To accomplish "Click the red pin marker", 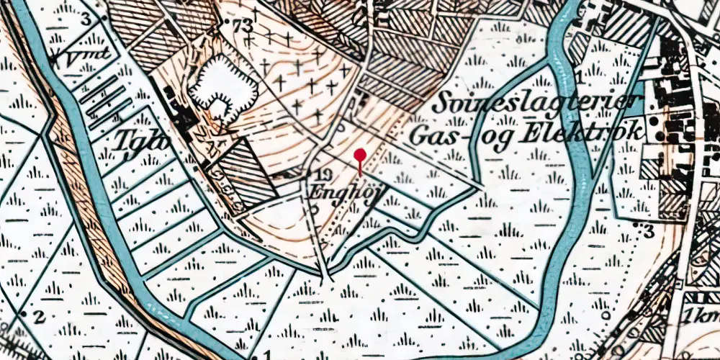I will click(x=360, y=156).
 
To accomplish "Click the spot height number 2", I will click(x=40, y=316).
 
